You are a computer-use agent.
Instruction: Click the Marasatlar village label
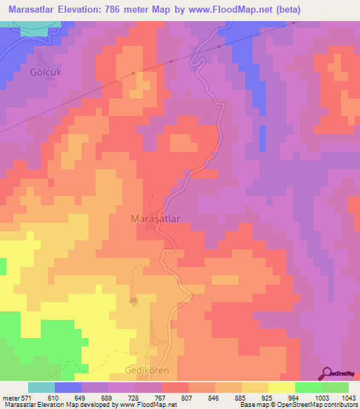click(x=155, y=219)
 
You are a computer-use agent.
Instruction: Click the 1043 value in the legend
click(x=348, y=398)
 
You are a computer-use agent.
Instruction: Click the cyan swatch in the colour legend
click(x=41, y=387)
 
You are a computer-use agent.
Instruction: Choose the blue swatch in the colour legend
click(x=68, y=387)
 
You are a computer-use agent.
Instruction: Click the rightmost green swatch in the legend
click(x=335, y=387)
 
